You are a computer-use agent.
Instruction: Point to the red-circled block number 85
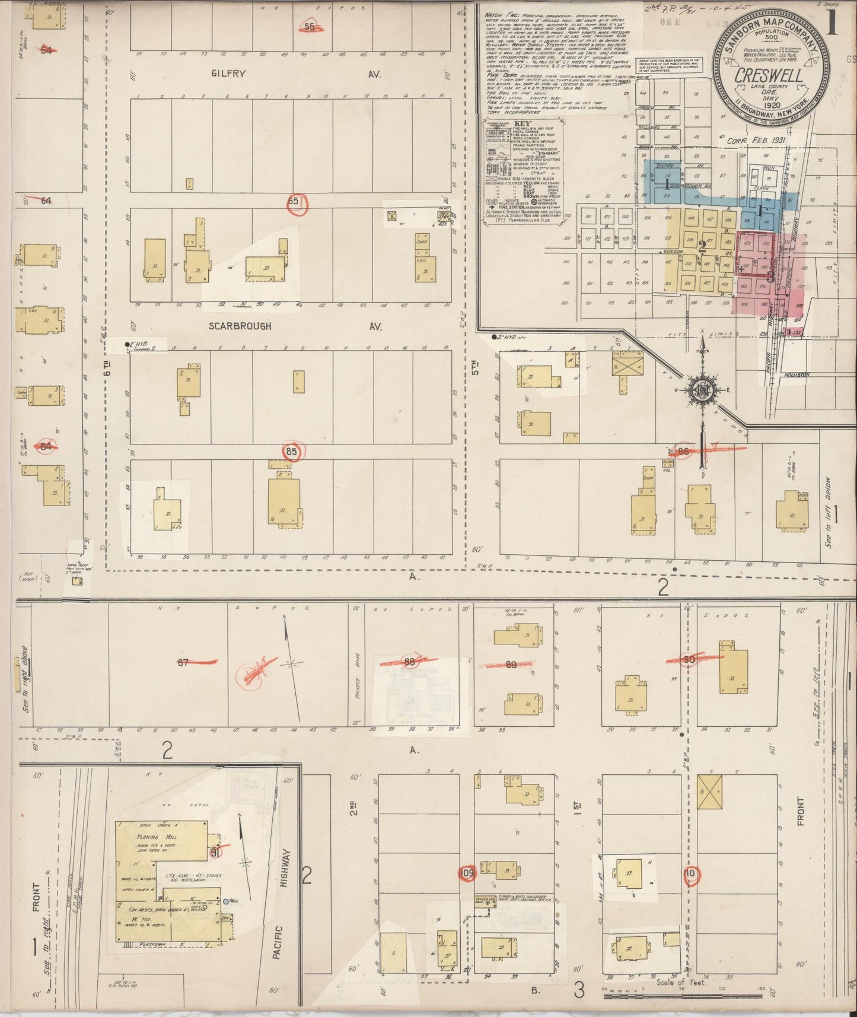click(x=291, y=452)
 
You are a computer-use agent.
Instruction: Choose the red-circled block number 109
click(x=467, y=873)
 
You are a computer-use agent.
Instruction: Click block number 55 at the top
click(x=310, y=27)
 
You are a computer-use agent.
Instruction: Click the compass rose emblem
click(x=703, y=390)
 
